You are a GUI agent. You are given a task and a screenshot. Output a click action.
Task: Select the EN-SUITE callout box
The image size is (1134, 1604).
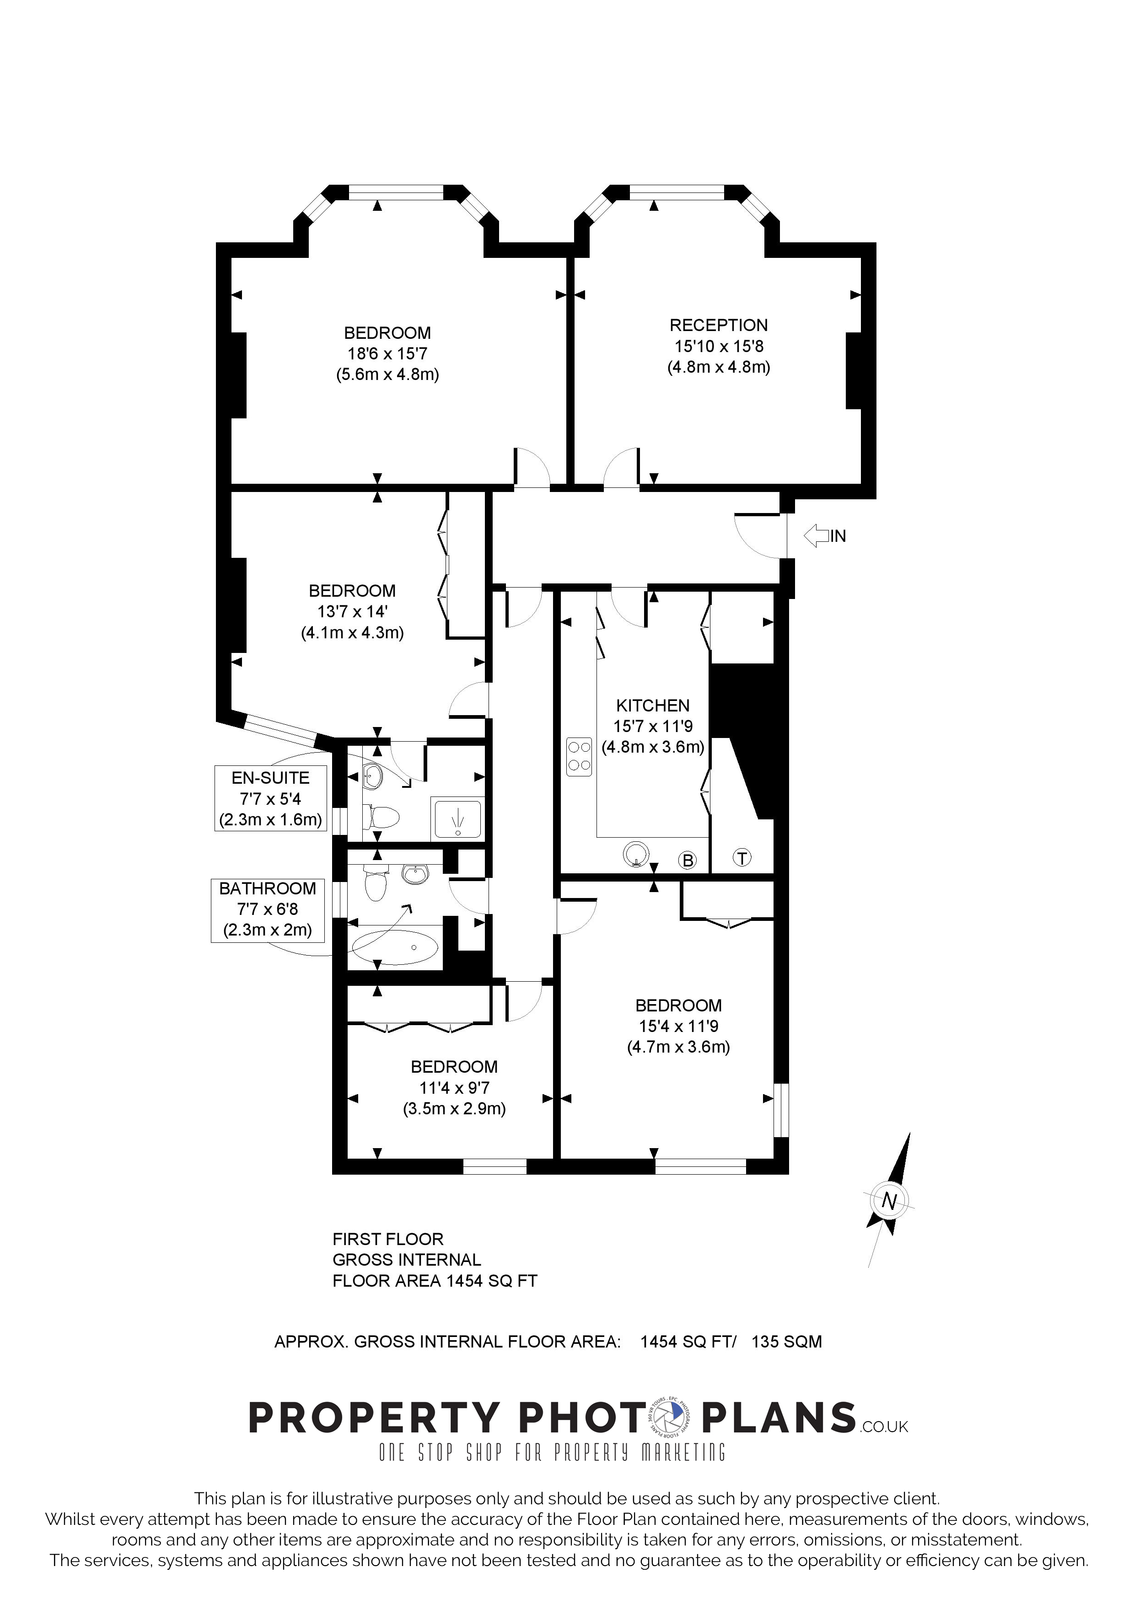point(270,798)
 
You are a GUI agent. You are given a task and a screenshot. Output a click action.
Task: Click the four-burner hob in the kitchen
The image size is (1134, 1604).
point(579,757)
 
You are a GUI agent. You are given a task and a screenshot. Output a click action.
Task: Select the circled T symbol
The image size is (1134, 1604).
point(742,857)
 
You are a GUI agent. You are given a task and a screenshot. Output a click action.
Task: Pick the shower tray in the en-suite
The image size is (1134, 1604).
point(457,818)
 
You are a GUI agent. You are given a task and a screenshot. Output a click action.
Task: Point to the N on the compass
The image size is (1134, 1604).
point(889,1200)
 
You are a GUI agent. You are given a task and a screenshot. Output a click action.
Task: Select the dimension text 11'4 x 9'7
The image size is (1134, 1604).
point(454,1088)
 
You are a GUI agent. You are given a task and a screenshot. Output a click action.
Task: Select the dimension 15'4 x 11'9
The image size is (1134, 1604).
point(678,1026)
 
